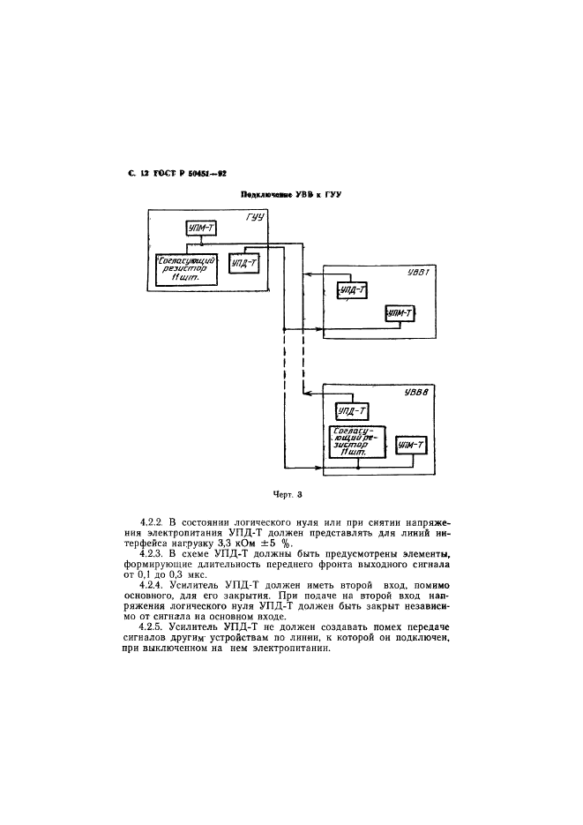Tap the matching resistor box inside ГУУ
pos(185,268)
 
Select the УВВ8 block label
pos(415,394)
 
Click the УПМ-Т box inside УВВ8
pos(412,446)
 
